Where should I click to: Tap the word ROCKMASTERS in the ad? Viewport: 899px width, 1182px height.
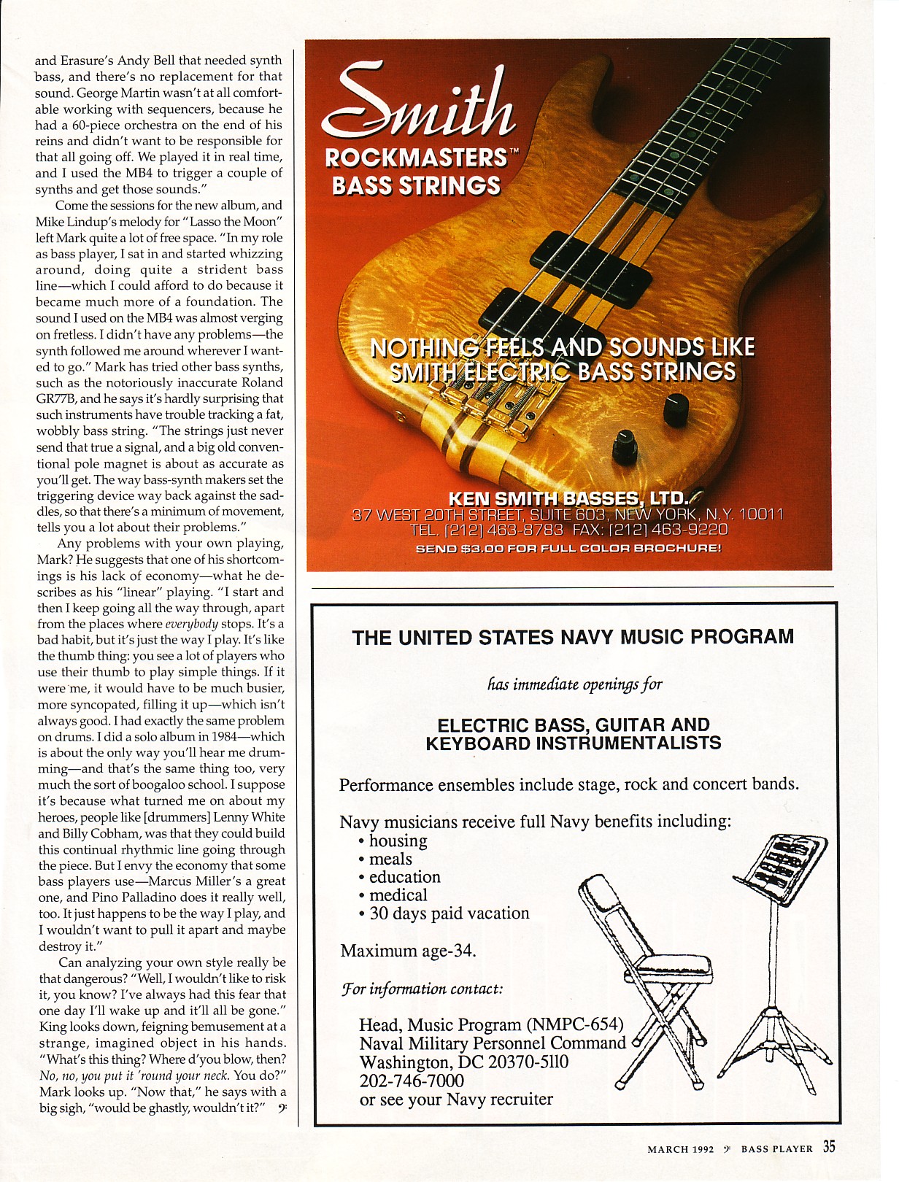point(415,158)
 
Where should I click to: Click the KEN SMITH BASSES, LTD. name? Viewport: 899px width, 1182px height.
point(568,499)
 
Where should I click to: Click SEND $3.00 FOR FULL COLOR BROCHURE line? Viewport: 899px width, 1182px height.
point(568,547)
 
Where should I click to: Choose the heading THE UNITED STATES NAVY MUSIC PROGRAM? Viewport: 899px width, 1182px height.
point(573,637)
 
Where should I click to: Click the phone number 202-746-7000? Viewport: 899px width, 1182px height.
point(412,1081)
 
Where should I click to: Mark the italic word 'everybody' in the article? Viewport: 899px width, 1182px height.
point(192,624)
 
